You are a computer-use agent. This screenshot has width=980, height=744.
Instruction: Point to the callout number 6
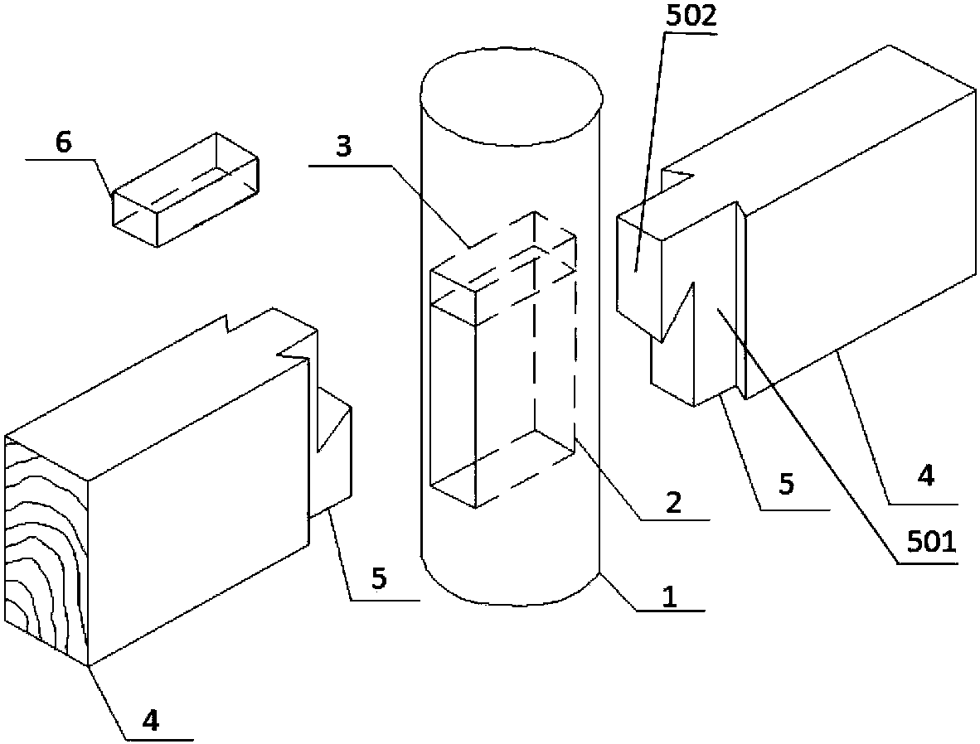tap(63, 143)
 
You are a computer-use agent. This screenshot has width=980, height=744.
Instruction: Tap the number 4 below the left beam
tap(150, 721)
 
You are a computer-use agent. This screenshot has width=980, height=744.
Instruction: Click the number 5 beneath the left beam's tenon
tap(378, 578)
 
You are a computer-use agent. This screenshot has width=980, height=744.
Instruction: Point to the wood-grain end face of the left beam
tap(46, 547)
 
